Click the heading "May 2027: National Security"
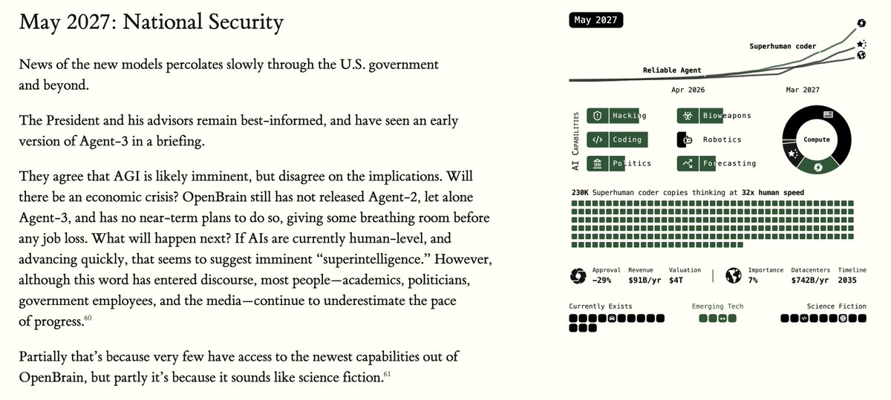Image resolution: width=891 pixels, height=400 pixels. click(151, 22)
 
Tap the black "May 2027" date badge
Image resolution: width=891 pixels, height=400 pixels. click(595, 20)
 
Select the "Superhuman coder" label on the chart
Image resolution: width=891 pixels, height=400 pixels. click(783, 47)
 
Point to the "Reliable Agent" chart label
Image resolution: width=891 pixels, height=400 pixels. click(672, 71)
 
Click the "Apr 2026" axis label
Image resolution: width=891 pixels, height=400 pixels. click(688, 90)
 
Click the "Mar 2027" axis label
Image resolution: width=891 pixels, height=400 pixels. click(803, 90)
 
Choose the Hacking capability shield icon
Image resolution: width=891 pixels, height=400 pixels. click(598, 116)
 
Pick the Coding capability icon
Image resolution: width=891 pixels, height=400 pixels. click(598, 140)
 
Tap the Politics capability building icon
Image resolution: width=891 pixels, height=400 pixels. click(598, 163)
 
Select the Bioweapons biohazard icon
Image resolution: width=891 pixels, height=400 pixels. click(688, 116)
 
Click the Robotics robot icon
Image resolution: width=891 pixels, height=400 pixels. click(688, 140)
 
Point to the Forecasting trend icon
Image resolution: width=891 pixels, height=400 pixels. click(688, 163)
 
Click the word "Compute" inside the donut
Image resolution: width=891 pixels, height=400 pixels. click(817, 140)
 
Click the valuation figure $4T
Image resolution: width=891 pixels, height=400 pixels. click(677, 281)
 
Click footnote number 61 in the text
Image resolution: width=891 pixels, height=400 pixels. click(387, 374)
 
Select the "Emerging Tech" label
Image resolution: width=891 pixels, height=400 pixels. click(717, 306)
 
